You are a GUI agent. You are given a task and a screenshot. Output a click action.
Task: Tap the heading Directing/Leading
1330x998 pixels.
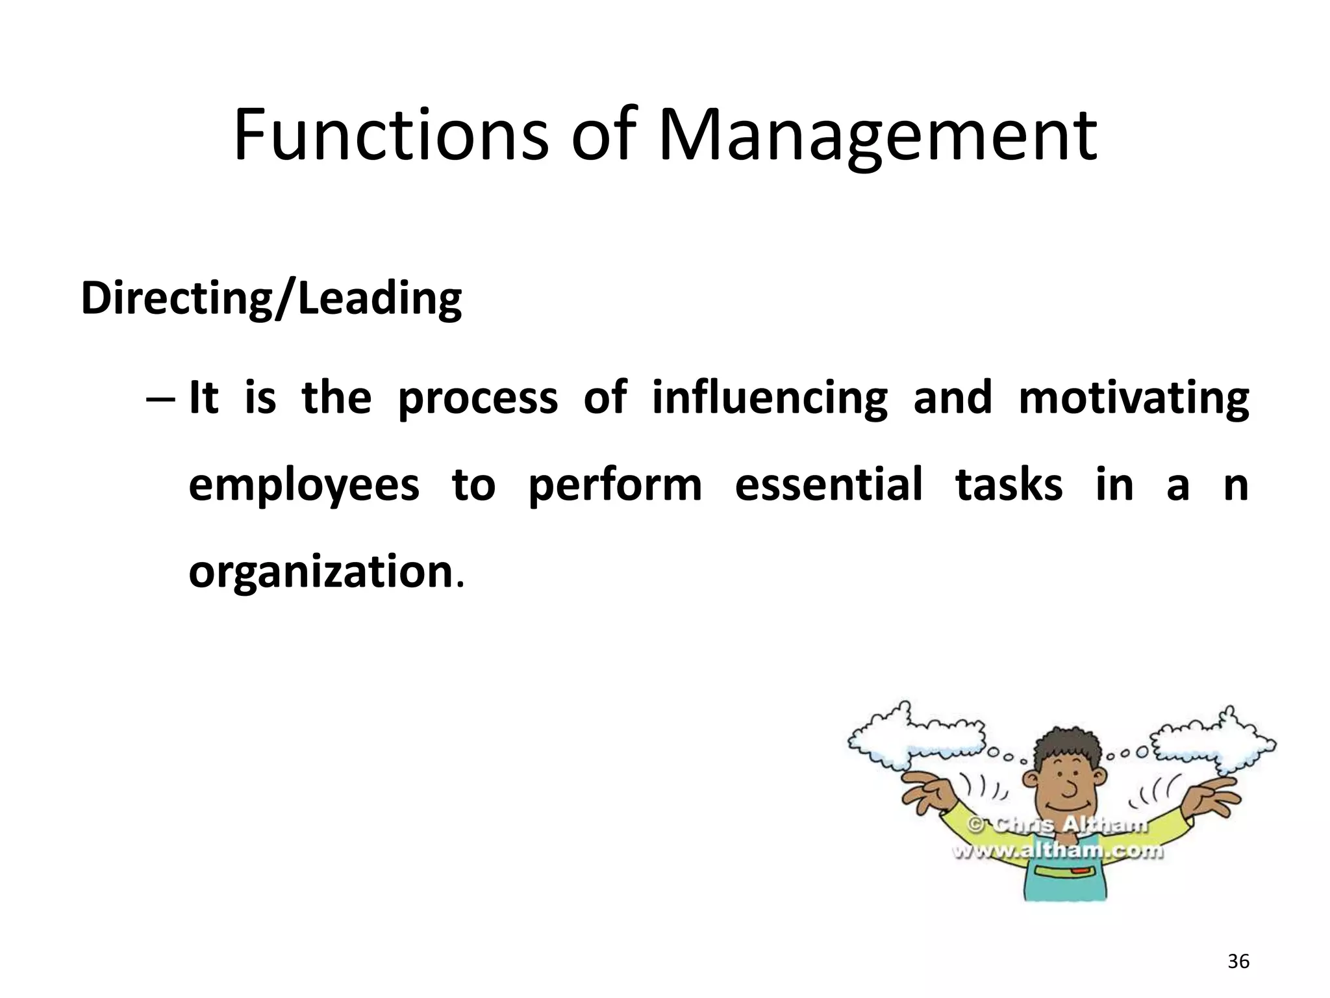271,298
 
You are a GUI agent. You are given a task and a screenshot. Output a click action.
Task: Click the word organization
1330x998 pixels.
320,572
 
